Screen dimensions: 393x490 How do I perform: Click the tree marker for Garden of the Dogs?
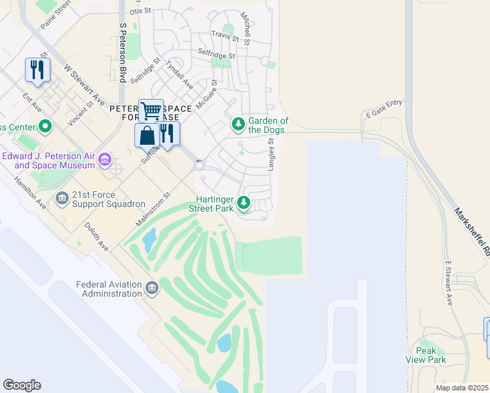click(x=238, y=124)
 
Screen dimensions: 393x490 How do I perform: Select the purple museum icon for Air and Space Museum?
click(x=104, y=159)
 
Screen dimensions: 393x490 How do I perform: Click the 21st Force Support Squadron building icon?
click(x=62, y=197)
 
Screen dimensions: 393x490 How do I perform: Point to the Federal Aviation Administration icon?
click(x=152, y=288)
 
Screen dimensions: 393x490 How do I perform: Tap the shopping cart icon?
click(x=151, y=111)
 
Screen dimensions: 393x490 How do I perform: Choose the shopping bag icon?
click(x=147, y=136)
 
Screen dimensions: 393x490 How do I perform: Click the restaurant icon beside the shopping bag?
click(x=168, y=134)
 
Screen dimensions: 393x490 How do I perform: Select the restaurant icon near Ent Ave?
click(x=37, y=69)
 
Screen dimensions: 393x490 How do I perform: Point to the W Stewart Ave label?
click(x=85, y=84)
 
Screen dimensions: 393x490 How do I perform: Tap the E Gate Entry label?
click(x=385, y=113)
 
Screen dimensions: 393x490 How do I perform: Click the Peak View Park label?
click(x=426, y=355)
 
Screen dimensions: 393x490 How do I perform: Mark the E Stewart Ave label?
click(x=449, y=284)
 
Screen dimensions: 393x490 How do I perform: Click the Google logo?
click(x=22, y=385)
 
